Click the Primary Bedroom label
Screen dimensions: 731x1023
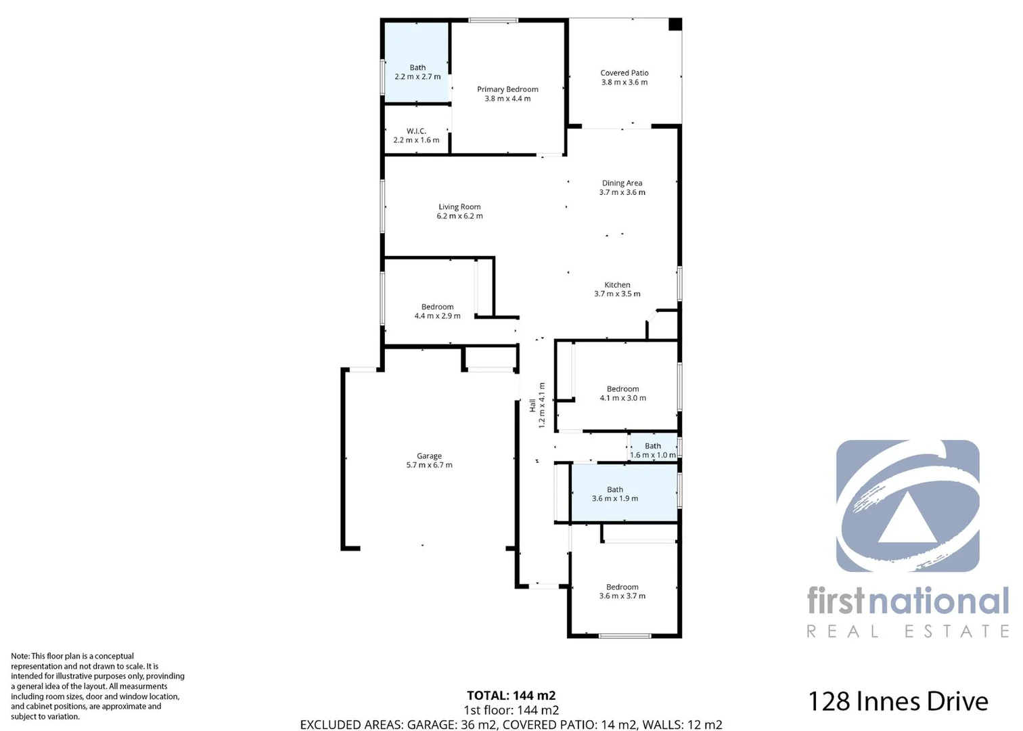(x=507, y=89)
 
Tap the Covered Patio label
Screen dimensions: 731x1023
(x=624, y=73)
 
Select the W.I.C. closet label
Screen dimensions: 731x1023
(x=416, y=131)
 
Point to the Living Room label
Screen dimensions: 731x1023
(x=459, y=207)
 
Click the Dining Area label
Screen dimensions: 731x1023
(x=622, y=183)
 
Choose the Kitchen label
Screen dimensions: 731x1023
(x=617, y=285)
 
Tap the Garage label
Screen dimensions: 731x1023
(x=429, y=456)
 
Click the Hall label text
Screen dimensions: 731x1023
(x=532, y=405)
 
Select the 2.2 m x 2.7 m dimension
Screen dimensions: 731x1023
(x=417, y=77)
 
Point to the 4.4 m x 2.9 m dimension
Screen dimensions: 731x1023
(x=437, y=316)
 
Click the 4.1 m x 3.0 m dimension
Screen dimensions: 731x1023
(x=622, y=398)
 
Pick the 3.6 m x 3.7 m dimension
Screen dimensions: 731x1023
(x=622, y=596)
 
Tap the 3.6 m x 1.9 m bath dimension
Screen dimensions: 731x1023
(x=614, y=499)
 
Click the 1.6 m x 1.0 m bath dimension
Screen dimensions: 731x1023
(x=653, y=455)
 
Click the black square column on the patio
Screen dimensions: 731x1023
(x=675, y=24)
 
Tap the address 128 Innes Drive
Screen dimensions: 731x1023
(x=898, y=701)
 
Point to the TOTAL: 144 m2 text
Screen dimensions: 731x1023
(x=511, y=695)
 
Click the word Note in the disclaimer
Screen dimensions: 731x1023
(x=20, y=656)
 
